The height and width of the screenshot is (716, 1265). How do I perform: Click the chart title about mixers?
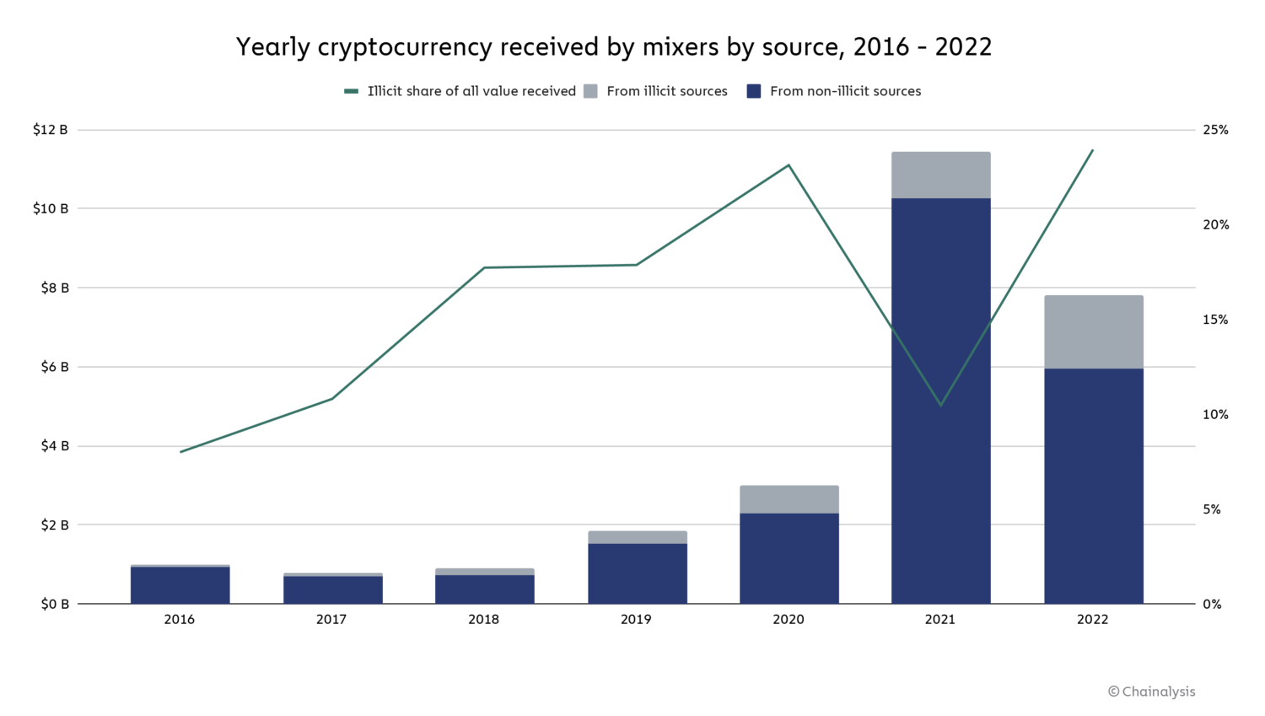pyautogui.click(x=614, y=47)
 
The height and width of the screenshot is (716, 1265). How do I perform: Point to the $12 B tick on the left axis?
pyautogui.click(x=51, y=130)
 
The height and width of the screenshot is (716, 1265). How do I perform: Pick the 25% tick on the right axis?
pyautogui.click(x=1215, y=130)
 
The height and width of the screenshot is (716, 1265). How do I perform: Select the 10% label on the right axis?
pyautogui.click(x=1215, y=415)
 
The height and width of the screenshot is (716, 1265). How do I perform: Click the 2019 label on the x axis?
pyautogui.click(x=636, y=620)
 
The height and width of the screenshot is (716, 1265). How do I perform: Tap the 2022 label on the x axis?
pyautogui.click(x=1093, y=620)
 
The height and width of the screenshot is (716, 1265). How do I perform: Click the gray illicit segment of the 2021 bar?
pyautogui.click(x=941, y=175)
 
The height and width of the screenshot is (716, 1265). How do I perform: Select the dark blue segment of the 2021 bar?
pyautogui.click(x=941, y=401)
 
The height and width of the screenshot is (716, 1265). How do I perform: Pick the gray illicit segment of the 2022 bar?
pyautogui.click(x=1094, y=332)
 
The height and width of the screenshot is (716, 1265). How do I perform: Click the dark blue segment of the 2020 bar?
pyautogui.click(x=789, y=558)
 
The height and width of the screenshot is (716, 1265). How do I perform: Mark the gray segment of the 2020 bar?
pyautogui.click(x=789, y=499)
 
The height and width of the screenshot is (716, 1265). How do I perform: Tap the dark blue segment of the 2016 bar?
pyautogui.click(x=180, y=585)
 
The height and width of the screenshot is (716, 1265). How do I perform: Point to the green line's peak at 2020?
pyautogui.click(x=789, y=165)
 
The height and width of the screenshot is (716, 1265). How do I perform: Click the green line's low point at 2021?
pyautogui.click(x=941, y=406)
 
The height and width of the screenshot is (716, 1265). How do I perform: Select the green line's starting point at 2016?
pyautogui.click(x=180, y=452)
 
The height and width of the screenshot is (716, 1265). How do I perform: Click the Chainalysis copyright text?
pyautogui.click(x=1151, y=692)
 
